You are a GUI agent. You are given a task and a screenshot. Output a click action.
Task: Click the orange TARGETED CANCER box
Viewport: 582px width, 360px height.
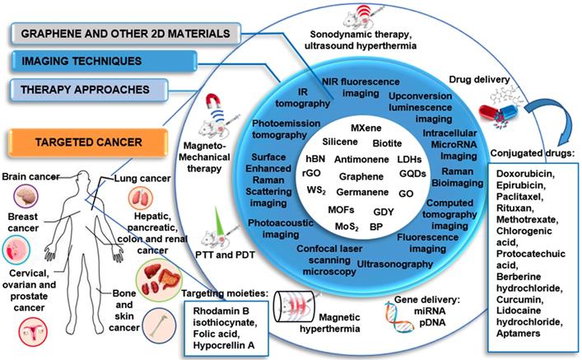click(x=79, y=143)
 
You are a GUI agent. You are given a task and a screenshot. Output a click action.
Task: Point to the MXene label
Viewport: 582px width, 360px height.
click(x=365, y=129)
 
